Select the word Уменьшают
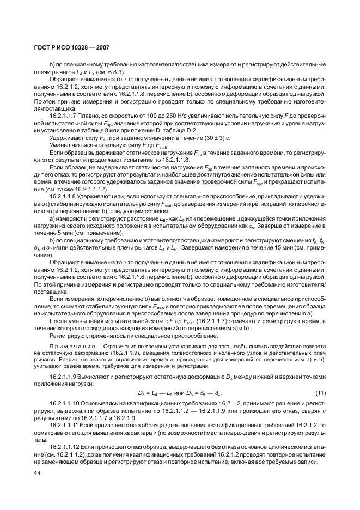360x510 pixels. click(66, 146)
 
